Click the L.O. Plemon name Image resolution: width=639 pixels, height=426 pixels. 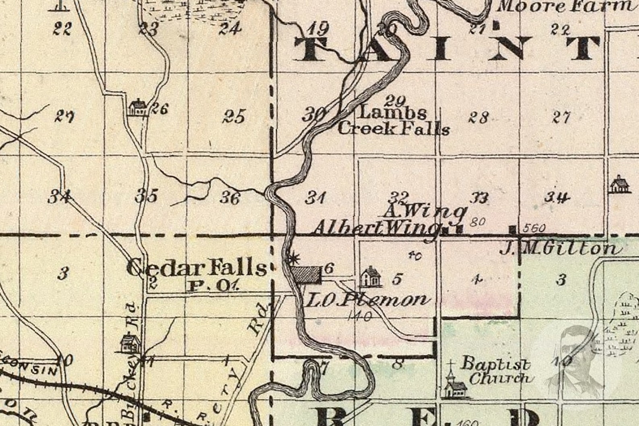pyautogui.click(x=367, y=300)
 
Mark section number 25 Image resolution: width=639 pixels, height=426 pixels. pyautogui.click(x=234, y=117)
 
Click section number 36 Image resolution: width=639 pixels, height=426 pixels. pyautogui.click(x=230, y=198)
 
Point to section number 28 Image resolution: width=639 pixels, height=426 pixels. pyautogui.click(x=478, y=117)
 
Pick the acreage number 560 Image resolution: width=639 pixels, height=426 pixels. pyautogui.click(x=535, y=229)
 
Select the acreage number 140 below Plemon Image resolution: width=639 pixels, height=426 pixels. pyautogui.click(x=360, y=317)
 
